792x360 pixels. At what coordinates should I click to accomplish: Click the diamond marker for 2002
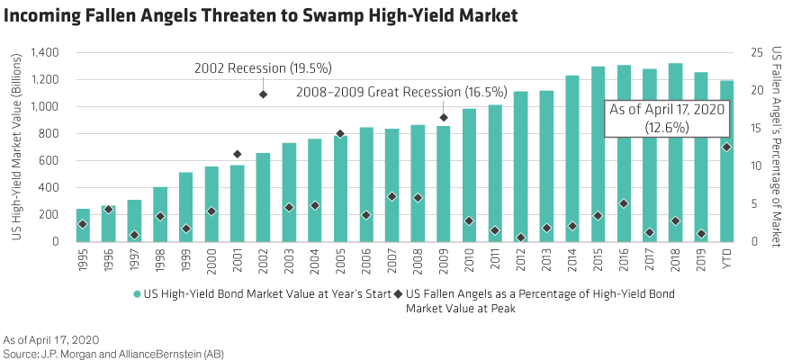click(x=263, y=94)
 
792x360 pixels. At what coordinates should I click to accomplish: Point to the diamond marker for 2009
click(x=444, y=118)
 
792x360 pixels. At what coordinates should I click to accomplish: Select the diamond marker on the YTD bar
click(x=726, y=147)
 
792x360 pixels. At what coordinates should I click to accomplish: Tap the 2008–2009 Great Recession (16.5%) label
click(x=390, y=92)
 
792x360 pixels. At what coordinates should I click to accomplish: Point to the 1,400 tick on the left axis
click(x=43, y=53)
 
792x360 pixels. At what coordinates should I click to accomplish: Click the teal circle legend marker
click(x=137, y=294)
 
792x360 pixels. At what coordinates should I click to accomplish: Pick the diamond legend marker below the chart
click(x=399, y=294)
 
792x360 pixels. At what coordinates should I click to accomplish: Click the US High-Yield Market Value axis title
click(x=15, y=148)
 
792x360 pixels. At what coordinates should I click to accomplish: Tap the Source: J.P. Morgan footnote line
click(x=112, y=353)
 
